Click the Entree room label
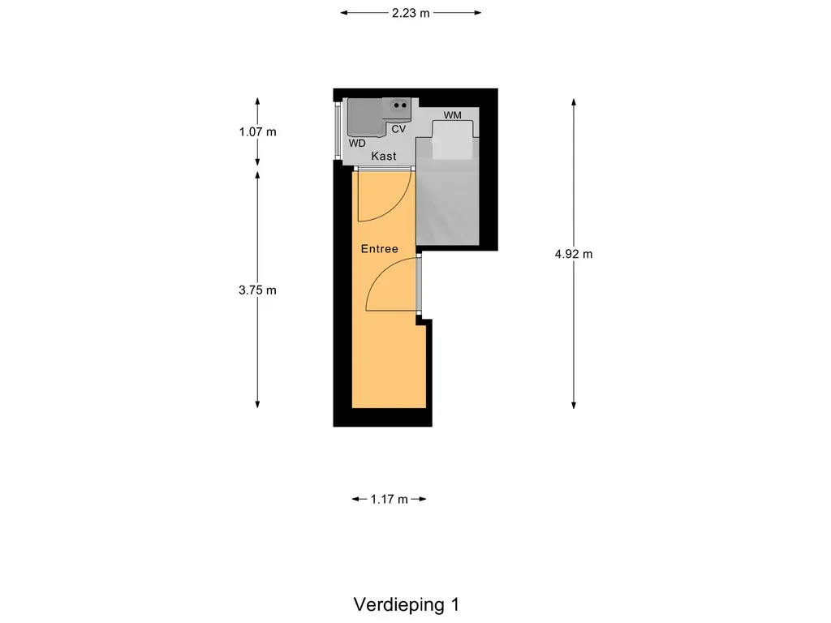[380, 249]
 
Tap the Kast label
[384, 156]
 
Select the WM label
[452, 115]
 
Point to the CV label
[398, 129]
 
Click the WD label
[357, 143]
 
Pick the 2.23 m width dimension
[410, 13]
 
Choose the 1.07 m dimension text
[258, 131]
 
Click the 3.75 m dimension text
[258, 290]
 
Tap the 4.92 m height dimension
[574, 254]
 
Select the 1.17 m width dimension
[389, 500]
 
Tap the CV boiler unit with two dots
[400, 105]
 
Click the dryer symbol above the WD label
[364, 118]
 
